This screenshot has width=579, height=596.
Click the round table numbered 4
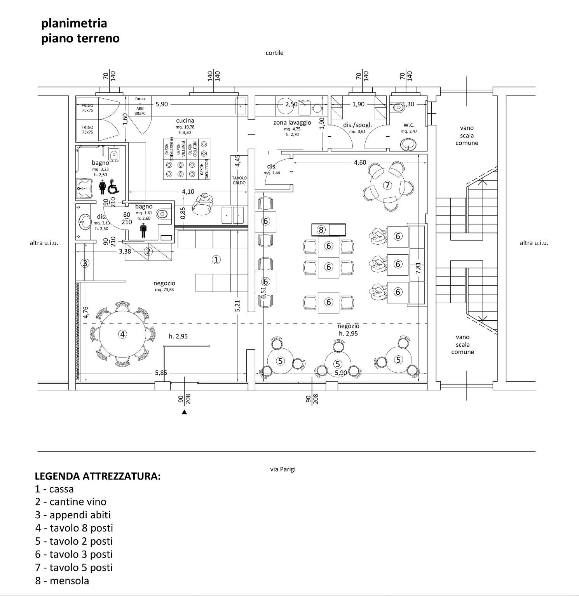[122, 334]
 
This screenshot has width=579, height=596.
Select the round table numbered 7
[387, 185]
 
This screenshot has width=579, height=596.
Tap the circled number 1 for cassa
[216, 259]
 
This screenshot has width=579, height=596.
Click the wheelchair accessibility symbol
[113, 187]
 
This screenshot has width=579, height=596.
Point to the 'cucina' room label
[185, 121]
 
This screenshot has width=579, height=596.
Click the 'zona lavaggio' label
[292, 122]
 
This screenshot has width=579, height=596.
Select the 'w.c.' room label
[409, 125]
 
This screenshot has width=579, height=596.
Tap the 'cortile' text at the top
[274, 53]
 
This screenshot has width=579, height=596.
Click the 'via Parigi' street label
[283, 469]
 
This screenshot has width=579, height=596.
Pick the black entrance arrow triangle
[185, 412]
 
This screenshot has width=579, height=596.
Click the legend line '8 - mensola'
[62, 580]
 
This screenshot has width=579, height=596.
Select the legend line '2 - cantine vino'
[71, 502]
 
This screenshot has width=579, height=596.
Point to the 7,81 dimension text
[418, 268]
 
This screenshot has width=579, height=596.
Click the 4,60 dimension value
[360, 162]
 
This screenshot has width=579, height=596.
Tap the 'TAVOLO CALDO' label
[239, 180]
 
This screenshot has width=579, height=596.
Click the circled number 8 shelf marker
[321, 229]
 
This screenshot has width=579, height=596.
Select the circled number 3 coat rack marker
[85, 263]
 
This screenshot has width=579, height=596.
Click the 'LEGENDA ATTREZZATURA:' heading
[98, 476]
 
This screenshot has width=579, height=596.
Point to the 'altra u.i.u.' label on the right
[534, 243]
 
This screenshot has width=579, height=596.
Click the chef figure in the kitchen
[203, 203]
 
